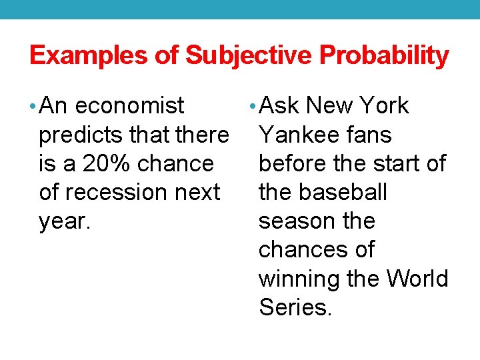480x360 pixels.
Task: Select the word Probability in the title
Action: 385,55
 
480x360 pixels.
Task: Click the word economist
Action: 130,106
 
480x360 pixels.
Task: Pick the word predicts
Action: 81,135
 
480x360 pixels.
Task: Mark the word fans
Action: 369,135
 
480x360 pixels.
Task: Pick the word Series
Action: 295,307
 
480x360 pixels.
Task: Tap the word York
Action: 384,106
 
